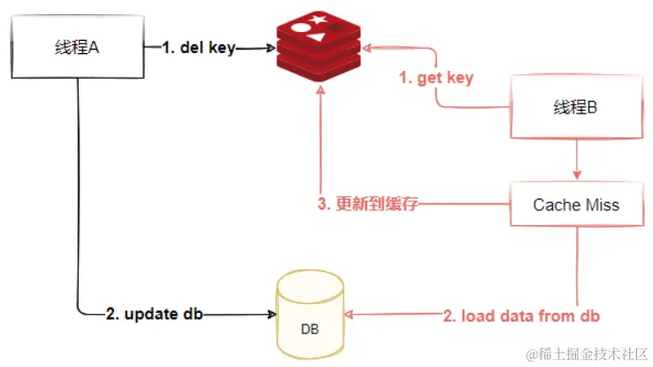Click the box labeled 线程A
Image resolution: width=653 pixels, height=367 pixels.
[77, 48]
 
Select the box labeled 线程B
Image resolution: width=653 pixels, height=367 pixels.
[575, 107]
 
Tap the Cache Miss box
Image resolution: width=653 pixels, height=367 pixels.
[575, 205]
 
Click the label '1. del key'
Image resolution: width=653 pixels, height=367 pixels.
[199, 48]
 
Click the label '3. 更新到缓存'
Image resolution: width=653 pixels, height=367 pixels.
[366, 205]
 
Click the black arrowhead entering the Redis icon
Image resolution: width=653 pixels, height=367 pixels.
[271, 48]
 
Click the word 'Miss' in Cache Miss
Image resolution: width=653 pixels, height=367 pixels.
[602, 205]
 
